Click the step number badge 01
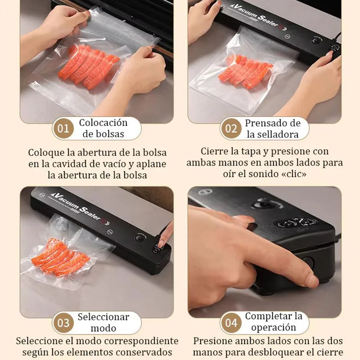(x=63, y=129)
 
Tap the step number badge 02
(x=231, y=129)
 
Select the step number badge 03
(x=63, y=323)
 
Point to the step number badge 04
(x=231, y=323)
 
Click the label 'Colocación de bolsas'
(x=103, y=128)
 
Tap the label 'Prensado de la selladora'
(x=272, y=128)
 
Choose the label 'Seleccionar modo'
(x=103, y=322)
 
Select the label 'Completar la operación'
(x=273, y=322)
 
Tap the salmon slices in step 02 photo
(x=245, y=72)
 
